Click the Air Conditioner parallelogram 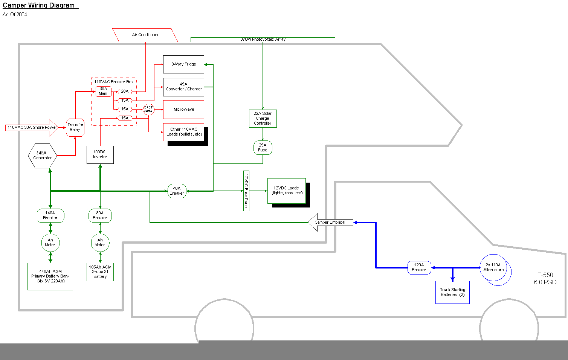(x=145, y=35)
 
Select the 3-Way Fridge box (x=183, y=64)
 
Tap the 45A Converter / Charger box (x=183, y=87)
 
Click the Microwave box (x=183, y=110)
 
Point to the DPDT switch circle (x=148, y=110)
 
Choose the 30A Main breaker (x=103, y=92)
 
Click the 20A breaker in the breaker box (x=125, y=92)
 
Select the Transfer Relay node (x=75, y=127)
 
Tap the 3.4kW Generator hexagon (x=42, y=156)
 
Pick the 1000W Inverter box (x=100, y=154)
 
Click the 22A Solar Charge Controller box (x=263, y=119)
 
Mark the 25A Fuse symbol (x=263, y=148)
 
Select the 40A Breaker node (x=177, y=191)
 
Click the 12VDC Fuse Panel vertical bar (x=246, y=191)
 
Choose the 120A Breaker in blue (x=419, y=267)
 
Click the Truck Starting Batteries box (x=452, y=292)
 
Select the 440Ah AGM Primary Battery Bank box (x=50, y=276)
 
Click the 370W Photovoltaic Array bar (x=263, y=40)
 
